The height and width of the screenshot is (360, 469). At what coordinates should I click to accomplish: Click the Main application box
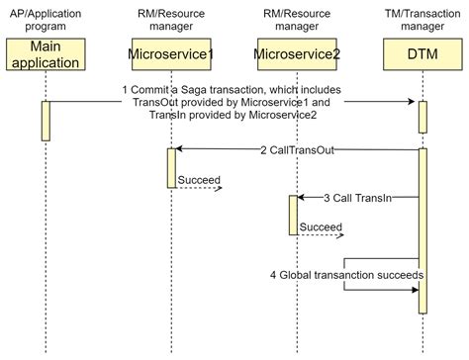(x=46, y=54)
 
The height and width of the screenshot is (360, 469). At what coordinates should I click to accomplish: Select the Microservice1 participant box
(x=170, y=54)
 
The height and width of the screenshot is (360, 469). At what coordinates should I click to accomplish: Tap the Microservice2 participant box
(x=297, y=54)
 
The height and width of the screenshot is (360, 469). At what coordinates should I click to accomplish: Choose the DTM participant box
(x=422, y=54)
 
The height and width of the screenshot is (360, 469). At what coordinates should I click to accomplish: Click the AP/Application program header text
(x=46, y=19)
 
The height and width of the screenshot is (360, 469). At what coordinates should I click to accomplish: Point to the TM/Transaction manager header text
(x=422, y=19)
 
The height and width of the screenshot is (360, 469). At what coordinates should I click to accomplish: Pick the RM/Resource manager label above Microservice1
(x=170, y=19)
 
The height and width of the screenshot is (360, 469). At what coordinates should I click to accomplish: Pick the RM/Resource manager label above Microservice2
(x=297, y=19)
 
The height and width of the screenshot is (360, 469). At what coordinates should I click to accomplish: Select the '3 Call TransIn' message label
(x=357, y=198)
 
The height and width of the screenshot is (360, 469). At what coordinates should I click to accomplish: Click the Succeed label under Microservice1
(x=199, y=180)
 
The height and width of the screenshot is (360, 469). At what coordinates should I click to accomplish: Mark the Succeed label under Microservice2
(x=321, y=226)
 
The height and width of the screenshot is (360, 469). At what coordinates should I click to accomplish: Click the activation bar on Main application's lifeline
(x=46, y=121)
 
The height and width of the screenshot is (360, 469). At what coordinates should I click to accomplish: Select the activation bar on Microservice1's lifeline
(x=170, y=167)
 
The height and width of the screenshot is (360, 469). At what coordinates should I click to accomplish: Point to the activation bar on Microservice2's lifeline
(x=293, y=215)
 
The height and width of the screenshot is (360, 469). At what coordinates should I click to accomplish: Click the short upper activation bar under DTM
(x=422, y=117)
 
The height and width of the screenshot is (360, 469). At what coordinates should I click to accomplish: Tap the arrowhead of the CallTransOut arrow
(x=179, y=149)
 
